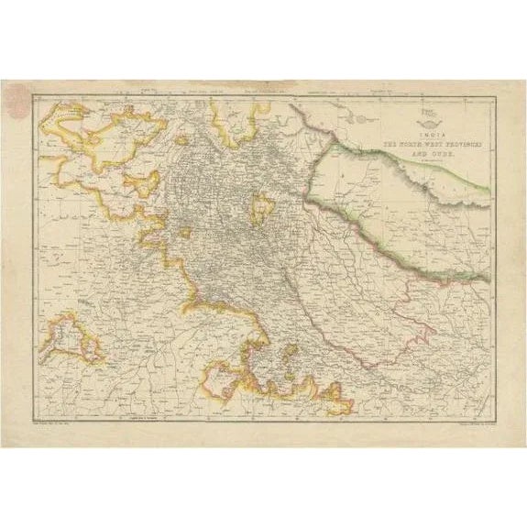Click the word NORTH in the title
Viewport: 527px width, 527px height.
click(399, 145)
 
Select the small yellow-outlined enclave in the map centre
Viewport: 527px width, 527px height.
click(263, 210)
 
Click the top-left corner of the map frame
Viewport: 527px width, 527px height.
click(34, 95)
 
